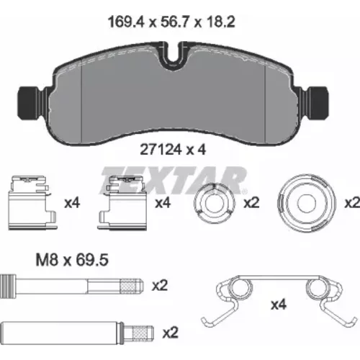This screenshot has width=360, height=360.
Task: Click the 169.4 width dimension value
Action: [127, 22]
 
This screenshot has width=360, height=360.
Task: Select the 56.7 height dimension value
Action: [176, 22]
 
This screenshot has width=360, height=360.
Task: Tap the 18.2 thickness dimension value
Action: [220, 22]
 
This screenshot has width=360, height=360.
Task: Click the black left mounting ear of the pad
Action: [28, 102]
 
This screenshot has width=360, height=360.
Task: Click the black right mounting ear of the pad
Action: [318, 102]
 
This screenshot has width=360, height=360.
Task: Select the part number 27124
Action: [161, 150]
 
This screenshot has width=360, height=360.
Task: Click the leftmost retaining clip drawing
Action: [32, 203]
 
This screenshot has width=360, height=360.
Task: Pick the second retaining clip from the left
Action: [122, 203]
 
